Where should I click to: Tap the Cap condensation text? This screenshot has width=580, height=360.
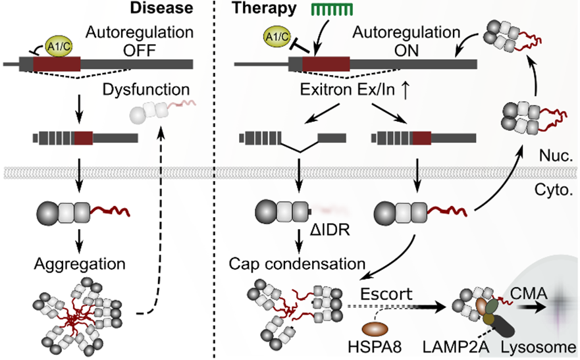pos(298,264)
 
